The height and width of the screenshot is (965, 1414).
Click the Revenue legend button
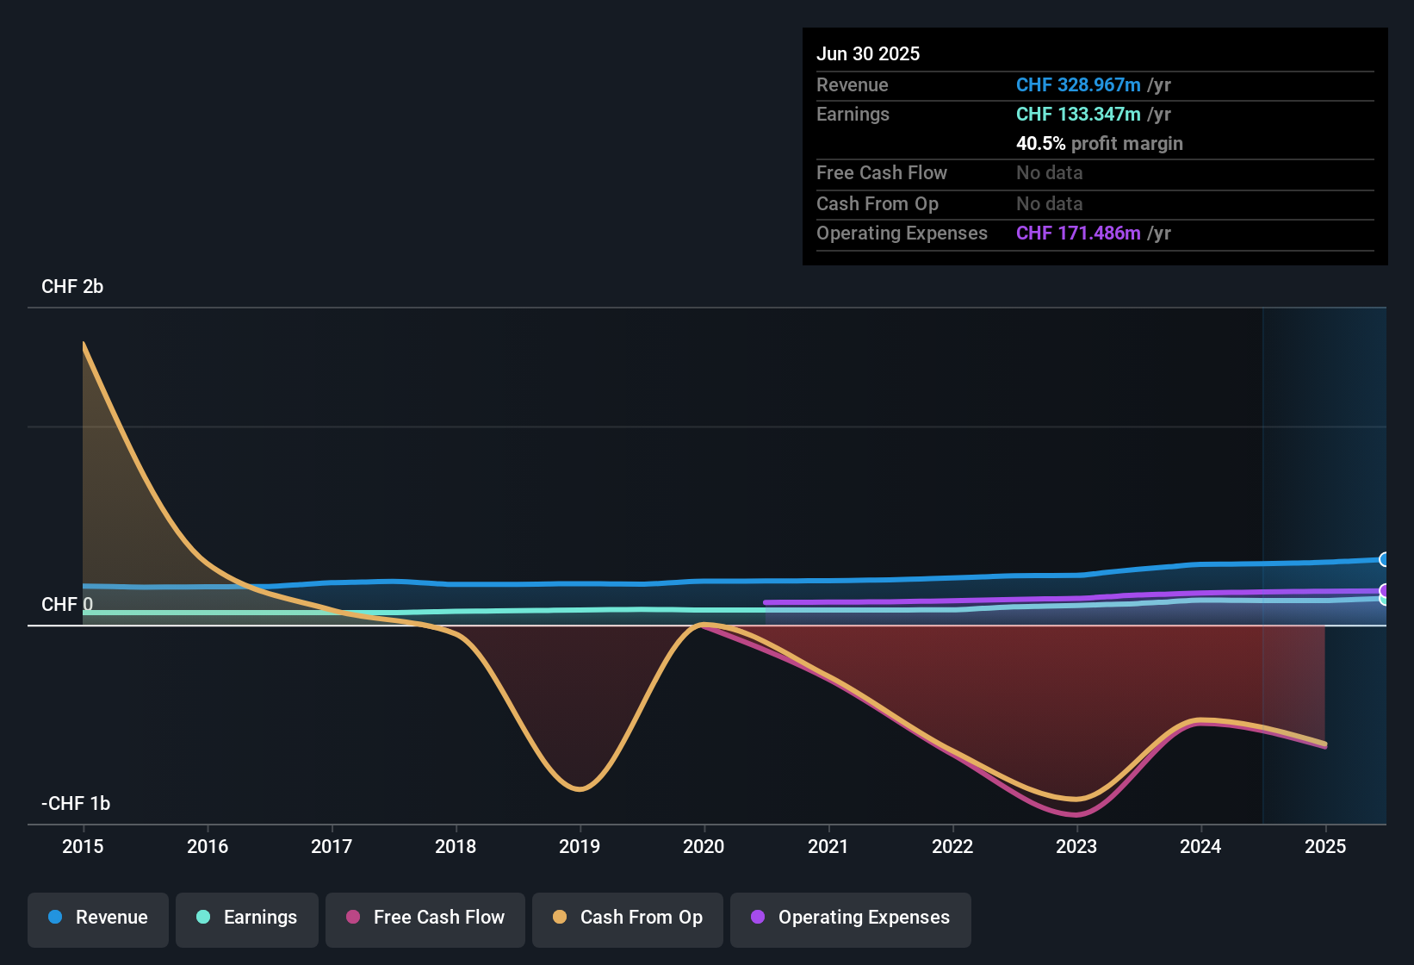98,918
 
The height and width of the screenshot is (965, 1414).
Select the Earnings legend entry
247,918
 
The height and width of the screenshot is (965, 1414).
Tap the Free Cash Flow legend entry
425,918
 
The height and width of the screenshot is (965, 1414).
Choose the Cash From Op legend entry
628,918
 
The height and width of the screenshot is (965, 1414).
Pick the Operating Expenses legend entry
851,918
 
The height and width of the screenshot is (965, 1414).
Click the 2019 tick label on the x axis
580,846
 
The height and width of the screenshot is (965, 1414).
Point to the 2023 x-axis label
1076,846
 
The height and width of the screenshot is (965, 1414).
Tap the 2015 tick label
83,846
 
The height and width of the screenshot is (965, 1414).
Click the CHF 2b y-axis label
72,287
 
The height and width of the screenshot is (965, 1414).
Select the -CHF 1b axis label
76,804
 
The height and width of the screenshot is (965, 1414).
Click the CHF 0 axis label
67,605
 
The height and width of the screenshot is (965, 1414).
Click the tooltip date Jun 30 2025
868,54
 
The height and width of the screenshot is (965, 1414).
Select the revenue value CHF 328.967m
1078,85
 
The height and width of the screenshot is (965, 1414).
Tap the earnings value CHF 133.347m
1078,115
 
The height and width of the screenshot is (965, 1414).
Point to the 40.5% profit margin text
1099,144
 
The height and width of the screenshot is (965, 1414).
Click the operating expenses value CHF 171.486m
1078,233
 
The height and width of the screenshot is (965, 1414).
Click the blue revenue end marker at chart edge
1384,560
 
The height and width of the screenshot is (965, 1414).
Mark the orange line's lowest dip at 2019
580,788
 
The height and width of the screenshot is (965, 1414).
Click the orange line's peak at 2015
84,344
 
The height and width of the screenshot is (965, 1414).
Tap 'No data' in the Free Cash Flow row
1049,173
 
